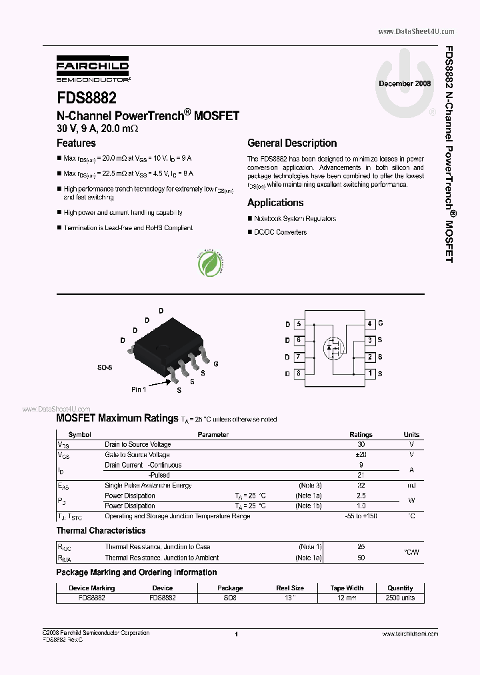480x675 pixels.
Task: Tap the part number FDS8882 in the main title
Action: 87,97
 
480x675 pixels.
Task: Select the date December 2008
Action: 405,83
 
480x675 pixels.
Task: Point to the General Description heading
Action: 292,143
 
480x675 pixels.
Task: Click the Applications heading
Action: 275,203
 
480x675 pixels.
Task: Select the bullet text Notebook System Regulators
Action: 295,219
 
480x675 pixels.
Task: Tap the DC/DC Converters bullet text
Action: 280,232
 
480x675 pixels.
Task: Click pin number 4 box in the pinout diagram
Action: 370,324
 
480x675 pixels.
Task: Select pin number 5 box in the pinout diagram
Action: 299,324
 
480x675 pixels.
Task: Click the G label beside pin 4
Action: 381,324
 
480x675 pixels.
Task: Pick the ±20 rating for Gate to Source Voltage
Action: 361,454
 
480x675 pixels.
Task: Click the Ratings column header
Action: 361,434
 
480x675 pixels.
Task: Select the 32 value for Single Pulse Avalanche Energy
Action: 361,486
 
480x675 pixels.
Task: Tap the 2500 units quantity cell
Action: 400,598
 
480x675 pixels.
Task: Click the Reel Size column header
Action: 290,588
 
